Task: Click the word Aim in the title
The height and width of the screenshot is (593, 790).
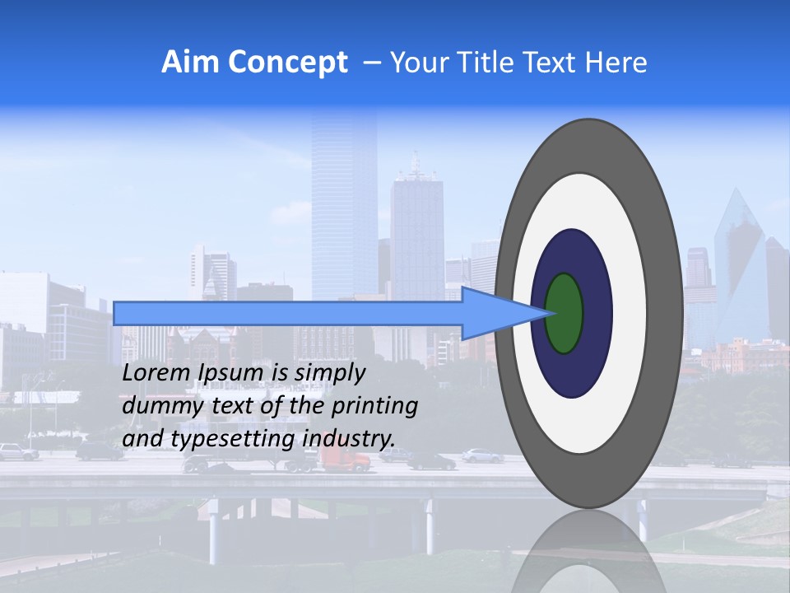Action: [189, 63]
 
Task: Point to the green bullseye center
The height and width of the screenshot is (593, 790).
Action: [565, 314]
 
